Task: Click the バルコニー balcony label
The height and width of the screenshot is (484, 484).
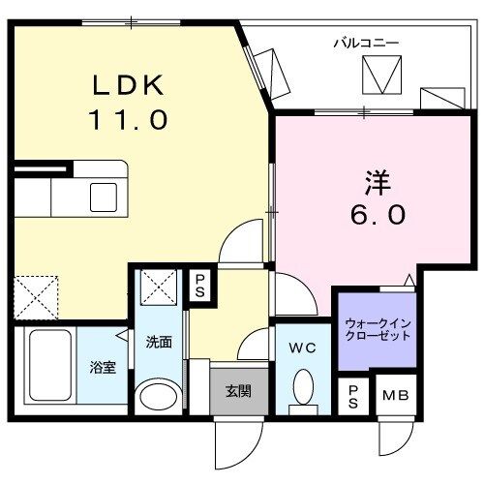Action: tap(366, 43)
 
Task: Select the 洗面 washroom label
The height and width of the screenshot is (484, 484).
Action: tap(159, 341)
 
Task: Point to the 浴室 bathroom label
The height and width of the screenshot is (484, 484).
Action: tap(102, 368)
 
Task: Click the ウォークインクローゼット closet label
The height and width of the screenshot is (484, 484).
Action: tap(378, 329)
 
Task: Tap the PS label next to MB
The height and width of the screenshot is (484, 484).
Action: tap(352, 395)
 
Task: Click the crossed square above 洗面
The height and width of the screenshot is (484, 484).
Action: tap(158, 287)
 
